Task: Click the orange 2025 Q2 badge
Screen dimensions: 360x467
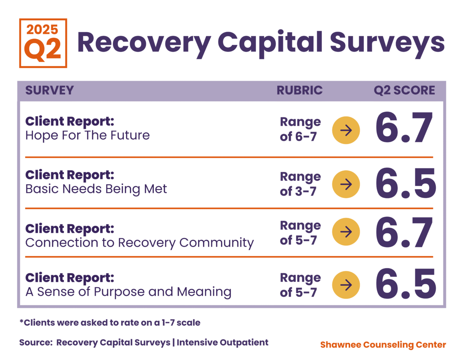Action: (43, 43)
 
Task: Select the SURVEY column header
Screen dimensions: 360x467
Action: (49, 91)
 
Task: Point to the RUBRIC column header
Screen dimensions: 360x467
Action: (300, 91)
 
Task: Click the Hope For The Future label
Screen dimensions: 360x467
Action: (88, 135)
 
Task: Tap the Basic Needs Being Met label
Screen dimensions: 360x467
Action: (96, 189)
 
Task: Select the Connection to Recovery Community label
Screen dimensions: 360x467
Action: (139, 243)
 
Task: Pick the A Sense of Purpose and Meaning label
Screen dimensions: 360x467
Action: (128, 291)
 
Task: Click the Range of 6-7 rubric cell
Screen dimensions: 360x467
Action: (300, 129)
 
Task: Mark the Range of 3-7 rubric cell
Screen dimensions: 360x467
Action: (300, 184)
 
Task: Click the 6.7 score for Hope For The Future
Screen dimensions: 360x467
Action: (404, 129)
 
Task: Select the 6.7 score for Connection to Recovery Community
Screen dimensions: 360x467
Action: (404, 232)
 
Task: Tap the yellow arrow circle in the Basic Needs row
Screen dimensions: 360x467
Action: (346, 184)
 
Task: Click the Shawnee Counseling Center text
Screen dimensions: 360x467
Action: (383, 344)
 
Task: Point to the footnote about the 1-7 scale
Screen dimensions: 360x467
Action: (110, 323)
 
